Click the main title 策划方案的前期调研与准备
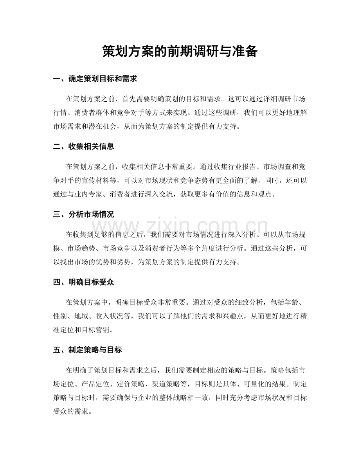(180, 51)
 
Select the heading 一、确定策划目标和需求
(95, 79)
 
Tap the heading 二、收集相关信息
(83, 147)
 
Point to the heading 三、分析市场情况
(83, 214)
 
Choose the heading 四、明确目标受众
(83, 282)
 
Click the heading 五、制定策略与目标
(87, 350)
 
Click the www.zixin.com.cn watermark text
(180, 227)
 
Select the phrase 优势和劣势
(118, 261)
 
